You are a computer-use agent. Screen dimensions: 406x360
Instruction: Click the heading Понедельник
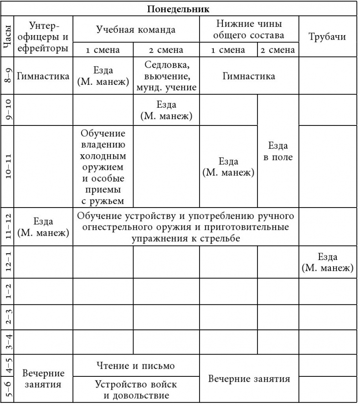tap(180, 9)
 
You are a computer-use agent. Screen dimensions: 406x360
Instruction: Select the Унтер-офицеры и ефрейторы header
tap(44, 36)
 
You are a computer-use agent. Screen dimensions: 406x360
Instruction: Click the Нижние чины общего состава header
tap(249, 29)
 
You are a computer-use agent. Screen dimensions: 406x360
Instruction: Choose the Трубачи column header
tap(327, 37)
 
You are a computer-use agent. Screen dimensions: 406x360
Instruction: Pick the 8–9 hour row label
tap(7, 76)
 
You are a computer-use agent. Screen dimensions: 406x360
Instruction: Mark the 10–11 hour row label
tap(7, 165)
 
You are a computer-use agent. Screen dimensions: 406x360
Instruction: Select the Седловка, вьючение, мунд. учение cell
tap(166, 76)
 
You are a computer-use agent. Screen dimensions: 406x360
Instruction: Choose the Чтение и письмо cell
tap(136, 365)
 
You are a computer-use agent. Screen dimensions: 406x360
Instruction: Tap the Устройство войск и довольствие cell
tap(136, 389)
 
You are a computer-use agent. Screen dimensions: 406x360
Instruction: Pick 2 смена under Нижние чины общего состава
tap(278, 50)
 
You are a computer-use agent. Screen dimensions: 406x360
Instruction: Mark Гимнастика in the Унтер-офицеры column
tap(44, 76)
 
